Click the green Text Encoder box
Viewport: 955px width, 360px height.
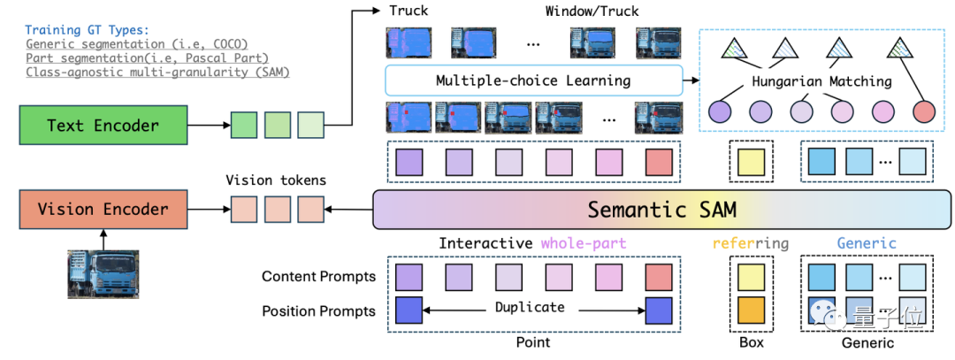coord(103,125)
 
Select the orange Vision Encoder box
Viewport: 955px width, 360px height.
coord(103,210)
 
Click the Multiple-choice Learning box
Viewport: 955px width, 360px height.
coord(533,80)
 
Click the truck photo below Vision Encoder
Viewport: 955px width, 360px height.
coord(103,273)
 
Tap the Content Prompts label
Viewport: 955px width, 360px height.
coord(318,277)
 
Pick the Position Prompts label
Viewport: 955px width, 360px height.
coord(318,310)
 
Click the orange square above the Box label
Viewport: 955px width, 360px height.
coord(751,310)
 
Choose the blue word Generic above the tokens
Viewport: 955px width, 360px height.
coord(867,243)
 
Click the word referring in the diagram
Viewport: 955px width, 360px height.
coord(751,243)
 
